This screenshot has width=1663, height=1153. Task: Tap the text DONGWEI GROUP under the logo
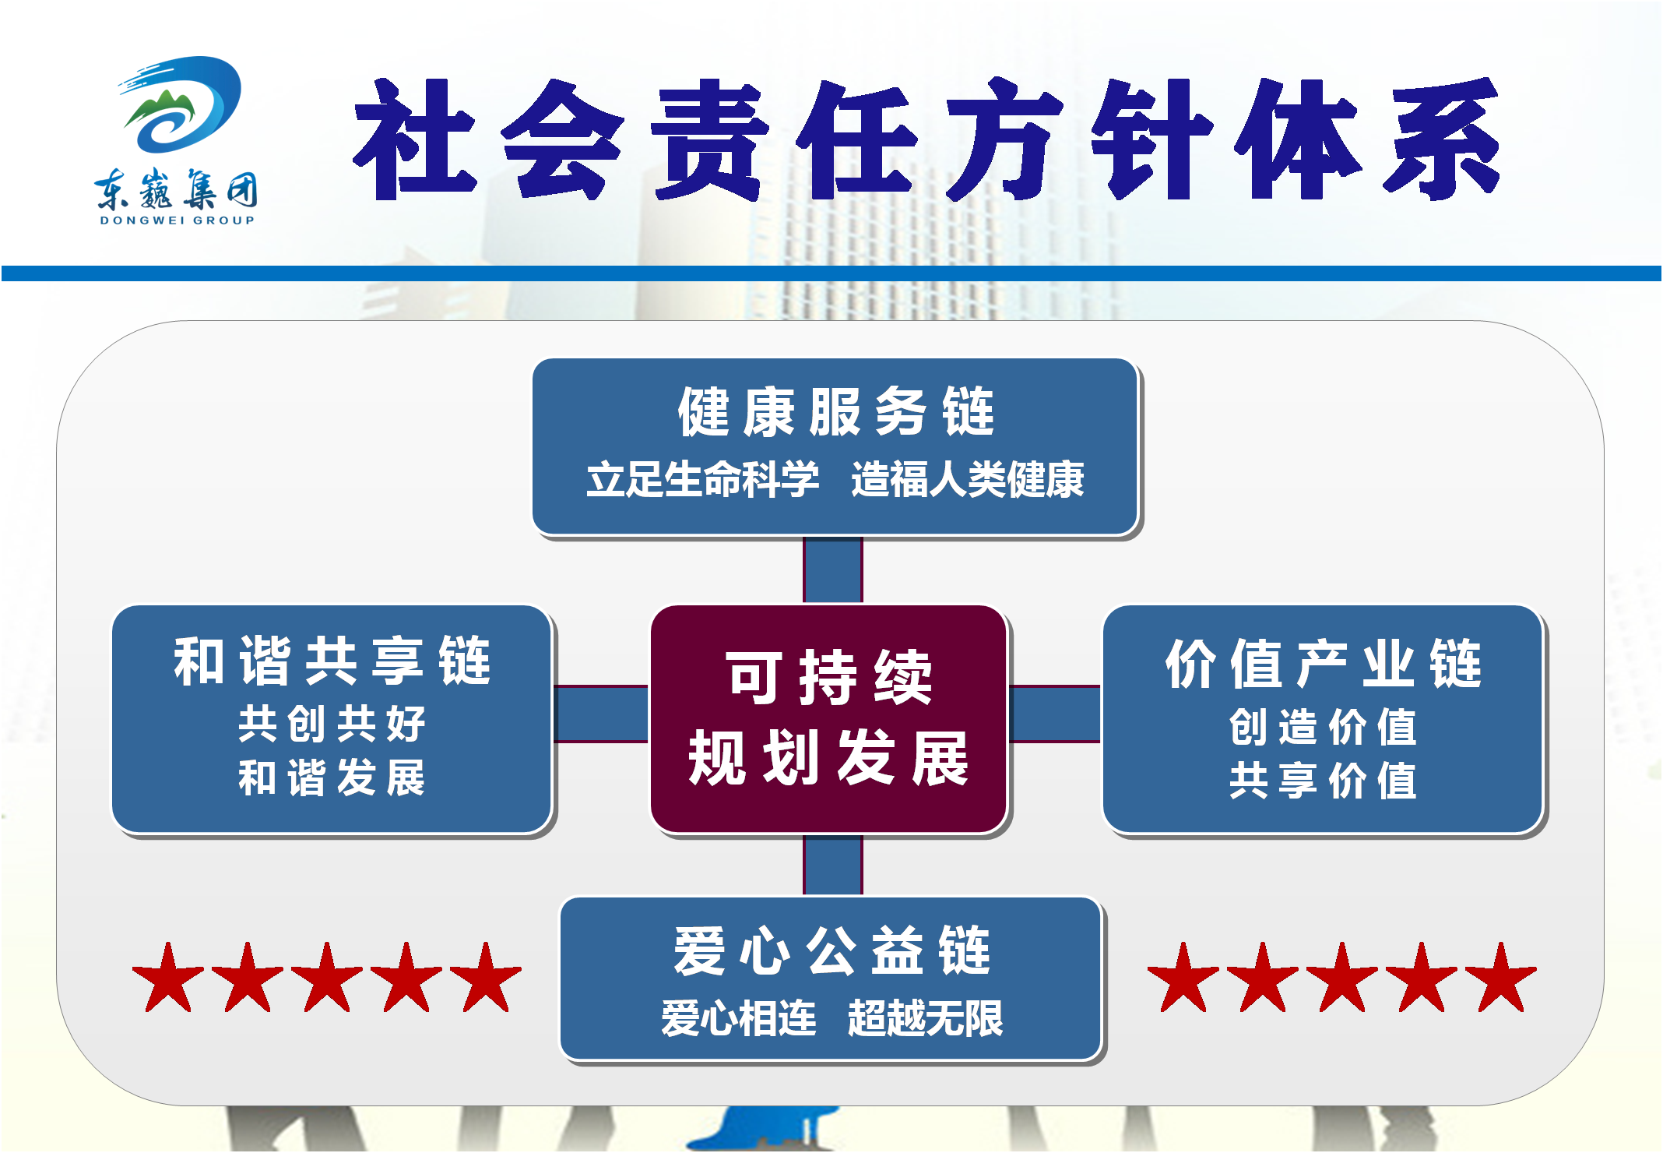[x=178, y=220]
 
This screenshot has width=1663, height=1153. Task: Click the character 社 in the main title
[x=415, y=139]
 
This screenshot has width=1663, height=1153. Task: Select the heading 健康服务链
[x=836, y=411]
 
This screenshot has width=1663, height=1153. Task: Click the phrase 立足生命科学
[x=703, y=479]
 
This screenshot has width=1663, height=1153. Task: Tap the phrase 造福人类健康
[x=968, y=479]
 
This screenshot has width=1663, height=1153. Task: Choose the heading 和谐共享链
[x=332, y=661]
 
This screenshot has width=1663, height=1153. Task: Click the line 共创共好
[x=332, y=724]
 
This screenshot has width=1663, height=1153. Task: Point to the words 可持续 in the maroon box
[x=830, y=677]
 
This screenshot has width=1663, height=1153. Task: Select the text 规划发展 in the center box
[x=829, y=758]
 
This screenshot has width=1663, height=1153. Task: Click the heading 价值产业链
[x=1324, y=663]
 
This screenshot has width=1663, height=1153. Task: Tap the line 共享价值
[x=1324, y=781]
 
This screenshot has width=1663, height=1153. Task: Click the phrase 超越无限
[x=926, y=1018]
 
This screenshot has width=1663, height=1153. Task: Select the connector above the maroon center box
[x=833, y=569]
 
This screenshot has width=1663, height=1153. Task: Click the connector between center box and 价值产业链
[x=1055, y=714]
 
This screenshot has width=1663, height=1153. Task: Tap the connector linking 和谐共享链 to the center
[x=601, y=714]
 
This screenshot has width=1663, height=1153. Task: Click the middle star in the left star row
[x=327, y=978]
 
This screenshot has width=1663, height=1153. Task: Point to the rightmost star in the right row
[x=1501, y=978]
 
